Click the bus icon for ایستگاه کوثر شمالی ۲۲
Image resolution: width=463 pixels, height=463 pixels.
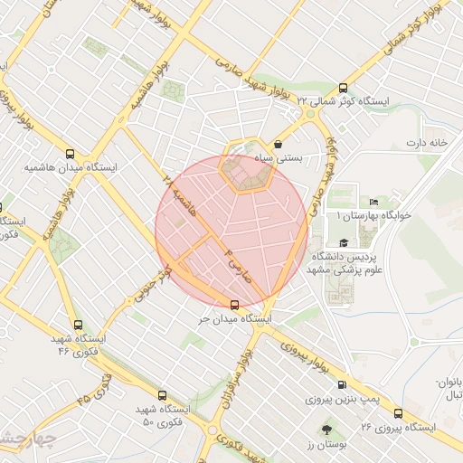pos(342,88)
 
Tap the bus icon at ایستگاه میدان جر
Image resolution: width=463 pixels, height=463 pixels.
pos(235,304)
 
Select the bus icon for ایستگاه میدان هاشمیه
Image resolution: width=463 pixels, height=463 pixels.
pos(71,154)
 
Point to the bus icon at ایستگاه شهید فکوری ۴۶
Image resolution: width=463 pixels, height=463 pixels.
pos(78,324)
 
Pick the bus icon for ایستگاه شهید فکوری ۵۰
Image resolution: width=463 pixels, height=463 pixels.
pos(162,395)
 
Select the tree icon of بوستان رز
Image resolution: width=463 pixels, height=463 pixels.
pos(326,430)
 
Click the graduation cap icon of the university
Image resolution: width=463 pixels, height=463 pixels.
pos(344,242)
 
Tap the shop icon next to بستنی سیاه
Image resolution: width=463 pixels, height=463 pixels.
pos(277,143)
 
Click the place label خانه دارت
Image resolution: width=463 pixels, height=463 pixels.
pos(427,143)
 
